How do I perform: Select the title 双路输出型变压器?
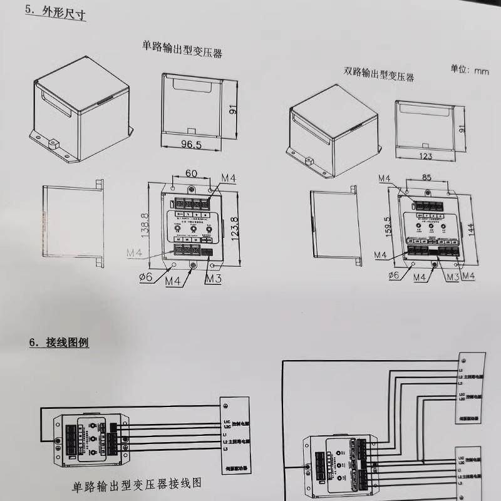378,75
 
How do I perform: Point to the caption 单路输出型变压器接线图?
137,485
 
